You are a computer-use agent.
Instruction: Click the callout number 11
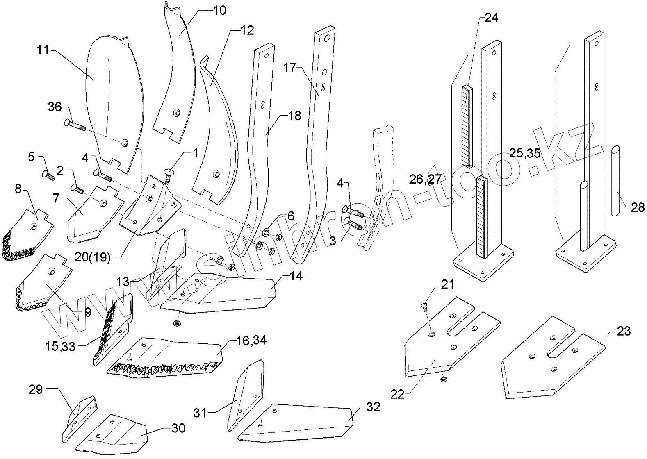pyautogui.click(x=43, y=50)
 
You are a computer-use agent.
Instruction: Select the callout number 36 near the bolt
pyautogui.click(x=55, y=107)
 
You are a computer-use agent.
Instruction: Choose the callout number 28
pyautogui.click(x=638, y=208)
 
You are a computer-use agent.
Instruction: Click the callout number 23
pyautogui.click(x=624, y=331)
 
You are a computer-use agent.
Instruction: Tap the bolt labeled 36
pyautogui.click(x=74, y=124)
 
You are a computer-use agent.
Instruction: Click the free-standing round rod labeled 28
pyautogui.click(x=616, y=180)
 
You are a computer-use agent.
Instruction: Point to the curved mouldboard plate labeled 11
pyautogui.click(x=111, y=102)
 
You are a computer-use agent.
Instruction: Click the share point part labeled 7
pyautogui.click(x=92, y=213)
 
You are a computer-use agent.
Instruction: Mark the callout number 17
pyautogui.click(x=289, y=67)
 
